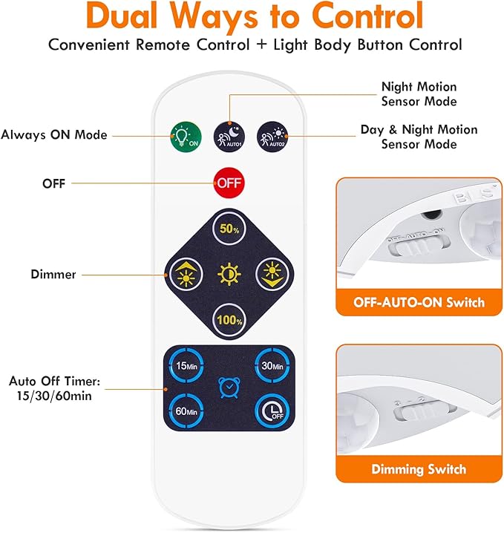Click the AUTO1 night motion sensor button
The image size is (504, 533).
coord(229,135)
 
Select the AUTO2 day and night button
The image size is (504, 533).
coord(271,135)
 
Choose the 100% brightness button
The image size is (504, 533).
coord(229,321)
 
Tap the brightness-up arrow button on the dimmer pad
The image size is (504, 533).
coord(183,275)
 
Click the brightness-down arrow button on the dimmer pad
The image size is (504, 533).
coord(272,275)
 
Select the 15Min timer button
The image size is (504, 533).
coord(186,364)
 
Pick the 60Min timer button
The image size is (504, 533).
coord(186,410)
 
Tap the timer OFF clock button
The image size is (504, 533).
coord(271,410)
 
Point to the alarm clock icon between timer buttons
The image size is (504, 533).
coord(229,388)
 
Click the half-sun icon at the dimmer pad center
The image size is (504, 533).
coord(229,275)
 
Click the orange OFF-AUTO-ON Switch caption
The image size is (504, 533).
coord(419,302)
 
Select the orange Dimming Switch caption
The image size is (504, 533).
coord(419,469)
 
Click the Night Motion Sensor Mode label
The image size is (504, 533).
coord(419,94)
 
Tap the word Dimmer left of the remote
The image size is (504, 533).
coord(53,275)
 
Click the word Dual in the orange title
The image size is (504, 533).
coord(127,16)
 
